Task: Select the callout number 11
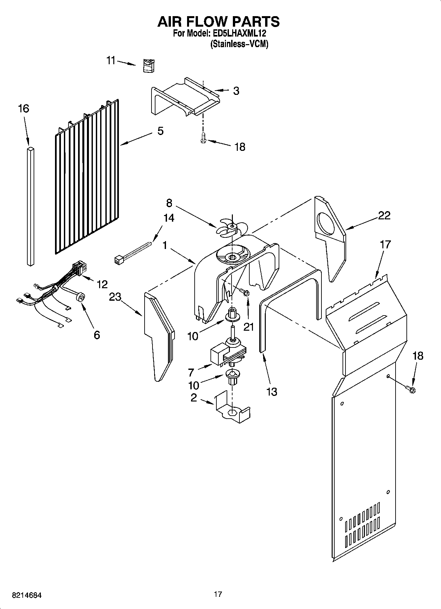pyautogui.click(x=111, y=61)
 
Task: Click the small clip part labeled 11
pyautogui.click(x=149, y=65)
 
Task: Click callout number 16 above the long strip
pyautogui.click(x=24, y=108)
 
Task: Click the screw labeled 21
pyautogui.click(x=245, y=292)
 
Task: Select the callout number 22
pyautogui.click(x=384, y=215)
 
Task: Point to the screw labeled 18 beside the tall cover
pyautogui.click(x=411, y=390)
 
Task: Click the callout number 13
pyautogui.click(x=272, y=392)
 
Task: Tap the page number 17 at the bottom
pyautogui.click(x=218, y=594)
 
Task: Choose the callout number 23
pyautogui.click(x=115, y=297)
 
